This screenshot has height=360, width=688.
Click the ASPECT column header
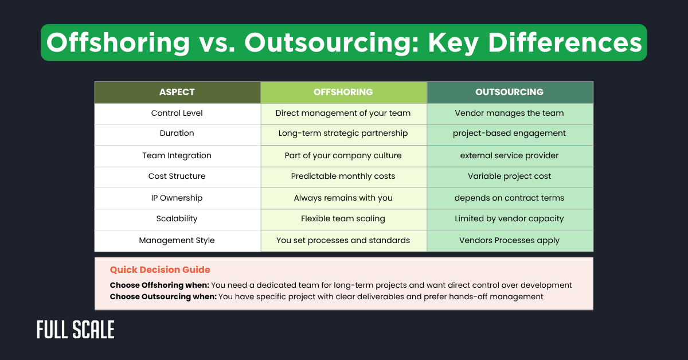coord(177,92)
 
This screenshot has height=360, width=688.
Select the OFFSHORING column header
coord(343,92)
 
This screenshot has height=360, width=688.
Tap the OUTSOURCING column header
coord(509,92)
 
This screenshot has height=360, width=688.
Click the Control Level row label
coord(177,113)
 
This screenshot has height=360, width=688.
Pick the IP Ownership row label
coord(177,198)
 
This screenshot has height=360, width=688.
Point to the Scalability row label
coord(177,218)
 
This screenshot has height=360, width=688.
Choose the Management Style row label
coord(177,240)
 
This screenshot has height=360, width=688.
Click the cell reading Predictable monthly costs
coord(343,176)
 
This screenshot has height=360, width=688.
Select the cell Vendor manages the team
coord(509,113)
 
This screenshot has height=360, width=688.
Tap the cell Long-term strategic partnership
coord(343,133)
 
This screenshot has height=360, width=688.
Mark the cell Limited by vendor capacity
coord(509,218)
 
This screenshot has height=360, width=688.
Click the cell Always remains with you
coord(343,198)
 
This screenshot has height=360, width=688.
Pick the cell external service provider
coord(509,155)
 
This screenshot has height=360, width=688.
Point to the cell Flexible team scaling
coord(343,218)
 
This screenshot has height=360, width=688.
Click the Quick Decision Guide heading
coord(160,269)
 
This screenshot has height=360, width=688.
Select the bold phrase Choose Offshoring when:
coord(159,285)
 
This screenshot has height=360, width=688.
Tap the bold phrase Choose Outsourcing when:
coord(163,296)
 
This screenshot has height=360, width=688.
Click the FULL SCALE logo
coord(76,330)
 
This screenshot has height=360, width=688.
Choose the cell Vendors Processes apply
coord(509,240)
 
